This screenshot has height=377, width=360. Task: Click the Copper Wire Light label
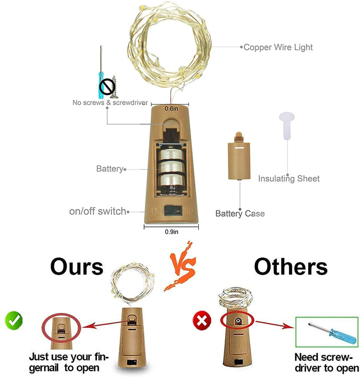pyautogui.click(x=278, y=48)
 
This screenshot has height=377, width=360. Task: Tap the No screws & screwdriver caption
pyautogui.click(x=110, y=103)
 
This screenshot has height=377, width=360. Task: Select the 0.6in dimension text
pyautogui.click(x=171, y=109)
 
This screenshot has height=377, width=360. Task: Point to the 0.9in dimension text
pyautogui.click(x=171, y=232)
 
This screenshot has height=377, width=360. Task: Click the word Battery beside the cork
pyautogui.click(x=110, y=169)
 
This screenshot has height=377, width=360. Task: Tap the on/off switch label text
pyautogui.click(x=98, y=211)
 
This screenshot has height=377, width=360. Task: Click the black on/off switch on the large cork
pyautogui.click(x=172, y=210)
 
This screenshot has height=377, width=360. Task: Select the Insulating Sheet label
pyautogui.click(x=289, y=179)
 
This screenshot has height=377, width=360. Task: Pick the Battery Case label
pyautogui.click(x=240, y=214)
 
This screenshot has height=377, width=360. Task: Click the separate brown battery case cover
pyautogui.click(x=239, y=156)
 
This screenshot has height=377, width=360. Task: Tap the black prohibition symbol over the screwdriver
pyautogui.click(x=107, y=86)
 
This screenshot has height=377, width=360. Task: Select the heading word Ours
pyautogui.click(x=77, y=267)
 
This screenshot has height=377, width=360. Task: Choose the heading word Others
pyautogui.click(x=291, y=267)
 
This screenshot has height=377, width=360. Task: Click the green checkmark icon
pyautogui.click(x=14, y=320)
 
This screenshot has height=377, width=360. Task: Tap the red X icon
pyautogui.click(x=202, y=320)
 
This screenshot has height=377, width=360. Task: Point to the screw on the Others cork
pyautogui.click(x=238, y=320)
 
